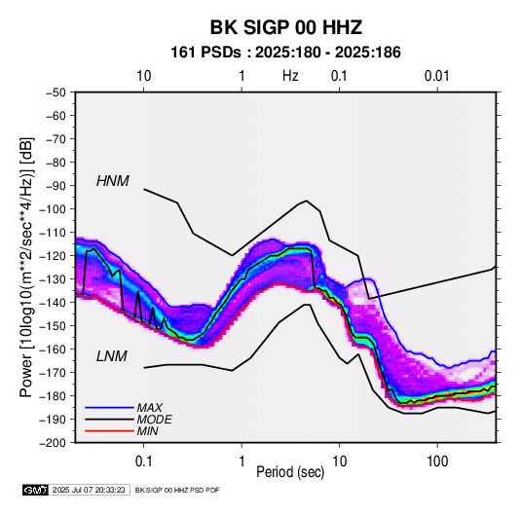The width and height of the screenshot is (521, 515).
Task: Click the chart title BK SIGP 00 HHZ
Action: tap(285, 27)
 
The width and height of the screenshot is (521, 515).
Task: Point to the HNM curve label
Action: tap(113, 181)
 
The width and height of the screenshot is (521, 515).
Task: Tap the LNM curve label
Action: tap(112, 356)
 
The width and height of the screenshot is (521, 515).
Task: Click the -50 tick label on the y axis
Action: tap(56, 92)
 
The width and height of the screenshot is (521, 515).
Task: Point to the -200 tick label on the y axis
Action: tap(54, 443)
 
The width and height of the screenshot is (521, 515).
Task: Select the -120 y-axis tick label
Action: tap(54, 256)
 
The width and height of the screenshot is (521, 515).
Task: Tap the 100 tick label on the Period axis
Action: tap(437, 461)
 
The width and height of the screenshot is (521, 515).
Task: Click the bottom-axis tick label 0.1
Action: tap(143, 461)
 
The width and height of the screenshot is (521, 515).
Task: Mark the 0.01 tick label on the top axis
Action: tap(437, 76)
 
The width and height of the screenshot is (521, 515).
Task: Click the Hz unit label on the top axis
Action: tap(290, 76)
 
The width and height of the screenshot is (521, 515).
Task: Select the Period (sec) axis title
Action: tap(290, 472)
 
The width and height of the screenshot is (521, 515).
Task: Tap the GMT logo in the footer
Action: tap(36, 490)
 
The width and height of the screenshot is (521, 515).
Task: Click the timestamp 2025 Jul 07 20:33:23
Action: tap(89, 490)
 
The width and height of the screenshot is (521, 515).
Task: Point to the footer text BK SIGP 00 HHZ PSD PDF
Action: tap(177, 490)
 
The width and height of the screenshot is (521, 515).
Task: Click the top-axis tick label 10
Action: tap(144, 76)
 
